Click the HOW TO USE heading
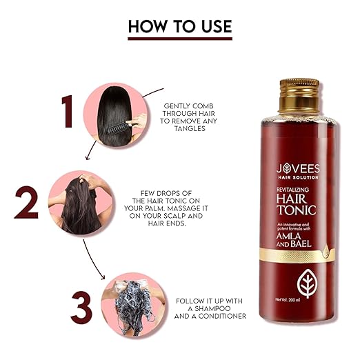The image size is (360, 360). pos(179,26)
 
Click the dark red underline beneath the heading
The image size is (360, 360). pos(179,39)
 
